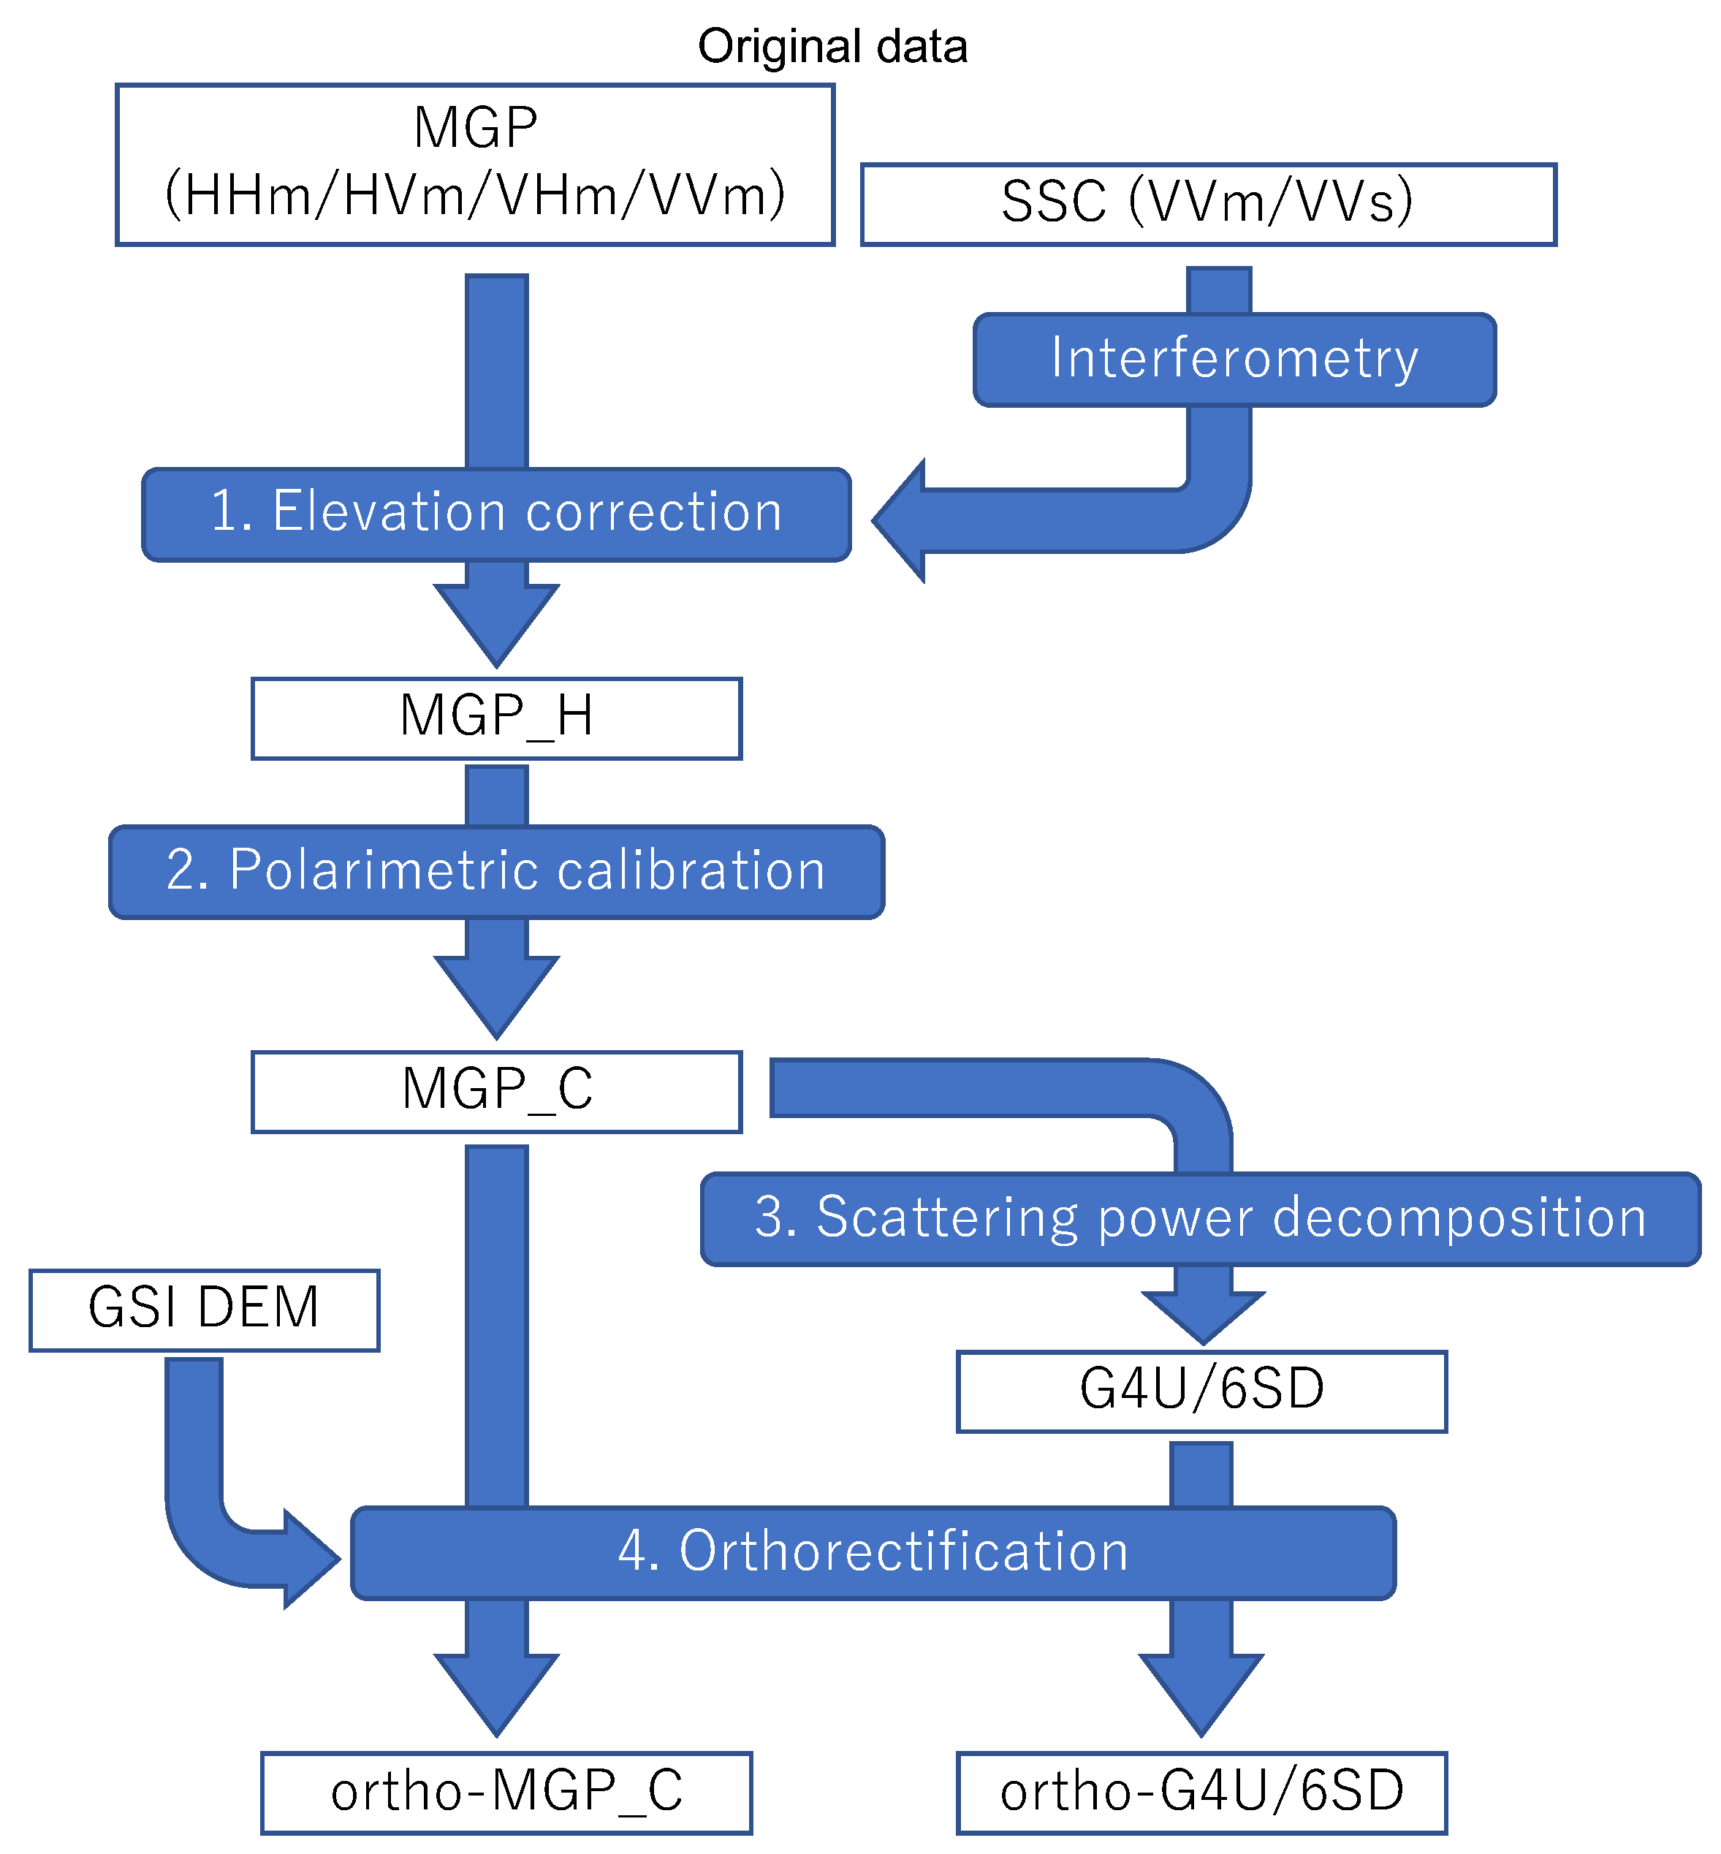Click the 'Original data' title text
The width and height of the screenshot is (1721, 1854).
pyautogui.click(x=832, y=47)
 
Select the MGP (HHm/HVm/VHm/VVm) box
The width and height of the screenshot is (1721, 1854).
pyautogui.click(x=475, y=165)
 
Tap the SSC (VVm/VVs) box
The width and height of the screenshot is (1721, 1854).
pyautogui.click(x=1208, y=204)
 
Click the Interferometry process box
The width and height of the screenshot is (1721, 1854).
pyautogui.click(x=1234, y=360)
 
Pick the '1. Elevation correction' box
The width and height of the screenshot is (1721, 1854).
pyautogui.click(x=496, y=514)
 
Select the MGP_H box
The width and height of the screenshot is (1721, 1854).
pyautogui.click(x=496, y=718)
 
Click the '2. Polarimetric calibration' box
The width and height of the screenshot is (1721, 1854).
pyautogui.click(x=496, y=872)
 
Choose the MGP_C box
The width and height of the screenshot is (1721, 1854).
pyautogui.click(x=496, y=1091)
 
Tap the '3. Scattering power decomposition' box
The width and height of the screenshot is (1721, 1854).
pyautogui.click(x=1199, y=1218)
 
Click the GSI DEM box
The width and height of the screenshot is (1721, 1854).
pyautogui.click(x=204, y=1310)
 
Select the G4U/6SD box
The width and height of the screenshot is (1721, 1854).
pyautogui.click(x=1201, y=1391)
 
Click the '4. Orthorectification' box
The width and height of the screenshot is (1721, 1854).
pyautogui.click(x=873, y=1552)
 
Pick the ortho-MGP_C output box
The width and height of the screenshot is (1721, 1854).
pyautogui.click(x=506, y=1793)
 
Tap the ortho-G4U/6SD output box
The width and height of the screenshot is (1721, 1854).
pyautogui.click(x=1201, y=1793)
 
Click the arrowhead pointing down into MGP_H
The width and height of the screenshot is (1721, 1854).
pyautogui.click(x=496, y=624)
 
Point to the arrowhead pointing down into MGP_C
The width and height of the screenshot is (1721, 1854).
pyautogui.click(x=496, y=995)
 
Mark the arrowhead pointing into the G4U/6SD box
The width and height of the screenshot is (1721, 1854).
pyautogui.click(x=1202, y=1315)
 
